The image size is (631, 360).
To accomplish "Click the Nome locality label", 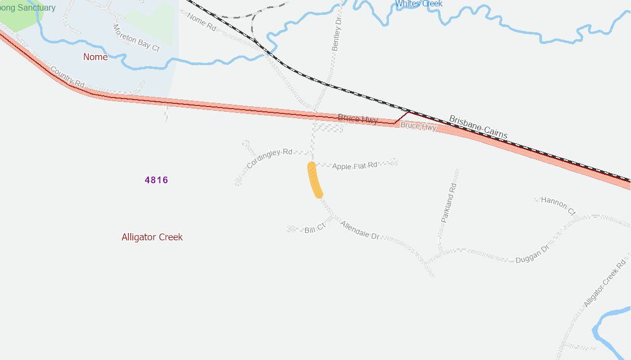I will (95, 57).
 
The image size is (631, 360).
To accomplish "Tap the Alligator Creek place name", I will (152, 237).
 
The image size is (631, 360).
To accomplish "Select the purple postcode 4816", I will (156, 180).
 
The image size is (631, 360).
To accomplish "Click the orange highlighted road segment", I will (315, 180).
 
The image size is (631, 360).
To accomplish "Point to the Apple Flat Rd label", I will (354, 166).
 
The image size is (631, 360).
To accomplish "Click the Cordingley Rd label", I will (270, 158).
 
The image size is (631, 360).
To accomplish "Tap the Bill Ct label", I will (315, 229).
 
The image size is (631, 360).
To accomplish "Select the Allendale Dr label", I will (360, 230).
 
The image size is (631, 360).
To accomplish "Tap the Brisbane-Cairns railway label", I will (478, 127).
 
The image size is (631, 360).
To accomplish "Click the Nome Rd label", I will (202, 23).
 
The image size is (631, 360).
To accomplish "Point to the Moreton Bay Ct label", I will (136, 38).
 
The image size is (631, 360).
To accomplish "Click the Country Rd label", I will (67, 77).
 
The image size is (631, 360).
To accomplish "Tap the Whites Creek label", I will (419, 4).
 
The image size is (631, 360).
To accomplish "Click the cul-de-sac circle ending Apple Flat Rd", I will (394, 162).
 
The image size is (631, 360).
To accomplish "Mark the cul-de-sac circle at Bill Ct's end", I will (290, 229).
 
